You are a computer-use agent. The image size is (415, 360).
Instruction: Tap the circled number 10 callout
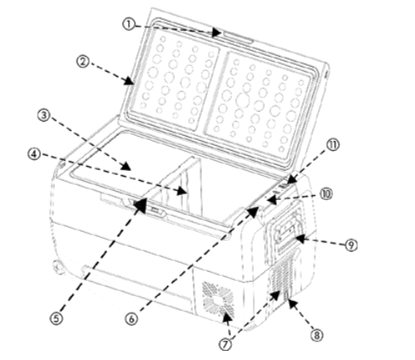326,192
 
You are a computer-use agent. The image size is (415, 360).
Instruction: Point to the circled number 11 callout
334,144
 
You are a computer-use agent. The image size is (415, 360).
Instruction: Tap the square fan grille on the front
217,300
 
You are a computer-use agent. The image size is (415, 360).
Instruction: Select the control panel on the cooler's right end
284,232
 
